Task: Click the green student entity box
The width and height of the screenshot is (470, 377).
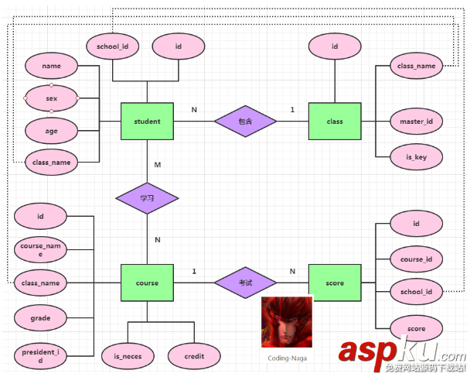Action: pos(147,121)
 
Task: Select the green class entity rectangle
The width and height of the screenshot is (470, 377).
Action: pos(334,121)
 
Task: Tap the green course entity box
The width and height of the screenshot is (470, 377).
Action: pos(147,283)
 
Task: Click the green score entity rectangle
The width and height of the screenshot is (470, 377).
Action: pos(334,283)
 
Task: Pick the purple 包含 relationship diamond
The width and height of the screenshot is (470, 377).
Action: pos(245,121)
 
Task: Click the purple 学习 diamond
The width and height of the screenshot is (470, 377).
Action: pos(147,198)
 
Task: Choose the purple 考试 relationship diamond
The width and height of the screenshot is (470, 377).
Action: pos(245,283)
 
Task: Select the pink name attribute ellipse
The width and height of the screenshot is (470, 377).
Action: pos(51,67)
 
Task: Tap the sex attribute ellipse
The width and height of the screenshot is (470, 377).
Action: pos(51,98)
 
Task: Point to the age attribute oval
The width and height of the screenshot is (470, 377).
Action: pos(51,131)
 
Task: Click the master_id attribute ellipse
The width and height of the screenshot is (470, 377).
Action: pos(416,122)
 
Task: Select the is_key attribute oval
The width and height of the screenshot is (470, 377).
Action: pos(416,156)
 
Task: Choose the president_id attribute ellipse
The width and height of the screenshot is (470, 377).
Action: pos(40,355)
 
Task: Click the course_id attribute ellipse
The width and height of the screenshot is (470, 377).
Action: pos(416,259)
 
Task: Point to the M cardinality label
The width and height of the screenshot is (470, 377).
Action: pos(158,165)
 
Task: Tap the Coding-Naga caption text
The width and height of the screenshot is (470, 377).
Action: pos(287,358)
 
